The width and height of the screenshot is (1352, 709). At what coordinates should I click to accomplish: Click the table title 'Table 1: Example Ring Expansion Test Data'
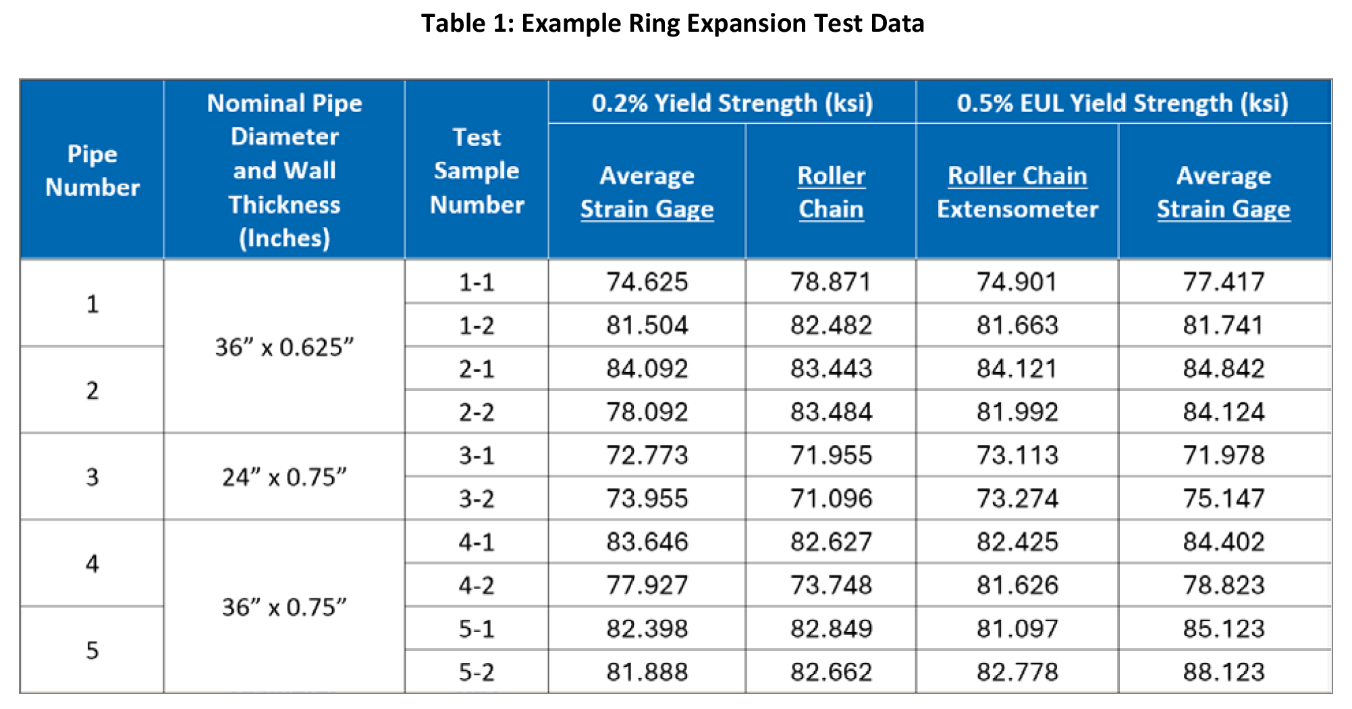click(672, 24)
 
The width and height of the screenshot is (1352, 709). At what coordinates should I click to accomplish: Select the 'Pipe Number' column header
click(92, 171)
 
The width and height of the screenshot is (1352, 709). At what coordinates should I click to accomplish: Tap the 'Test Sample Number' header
click(477, 171)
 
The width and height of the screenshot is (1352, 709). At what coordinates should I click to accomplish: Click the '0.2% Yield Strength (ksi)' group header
click(732, 103)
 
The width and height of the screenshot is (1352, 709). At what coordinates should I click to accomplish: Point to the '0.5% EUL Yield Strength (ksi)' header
click(1123, 103)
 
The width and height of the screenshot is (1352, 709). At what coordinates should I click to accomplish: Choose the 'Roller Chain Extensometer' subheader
click(1017, 192)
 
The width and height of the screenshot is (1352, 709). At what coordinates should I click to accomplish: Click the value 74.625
click(647, 282)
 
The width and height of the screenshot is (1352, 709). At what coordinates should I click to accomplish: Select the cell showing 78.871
click(831, 282)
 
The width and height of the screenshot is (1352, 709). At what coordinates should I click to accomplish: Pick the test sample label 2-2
click(477, 412)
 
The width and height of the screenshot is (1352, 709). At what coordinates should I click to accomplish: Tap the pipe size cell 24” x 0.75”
click(284, 477)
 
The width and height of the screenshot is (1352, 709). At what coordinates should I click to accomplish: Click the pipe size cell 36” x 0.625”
click(284, 347)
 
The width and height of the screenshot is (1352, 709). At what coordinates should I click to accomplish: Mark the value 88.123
click(1223, 672)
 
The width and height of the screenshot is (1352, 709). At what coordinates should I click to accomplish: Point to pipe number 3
click(92, 477)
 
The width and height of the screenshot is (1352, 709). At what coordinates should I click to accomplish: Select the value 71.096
click(831, 499)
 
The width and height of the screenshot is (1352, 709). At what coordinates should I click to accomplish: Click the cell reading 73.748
click(831, 585)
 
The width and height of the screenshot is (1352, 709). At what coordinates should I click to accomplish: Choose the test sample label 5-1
click(477, 629)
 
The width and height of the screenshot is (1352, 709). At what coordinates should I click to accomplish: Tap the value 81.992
click(1017, 412)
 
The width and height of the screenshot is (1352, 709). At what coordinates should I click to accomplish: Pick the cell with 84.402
click(1223, 542)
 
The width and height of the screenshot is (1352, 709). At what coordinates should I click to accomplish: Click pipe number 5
click(92, 650)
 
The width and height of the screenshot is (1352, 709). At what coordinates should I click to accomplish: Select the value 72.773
click(647, 455)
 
